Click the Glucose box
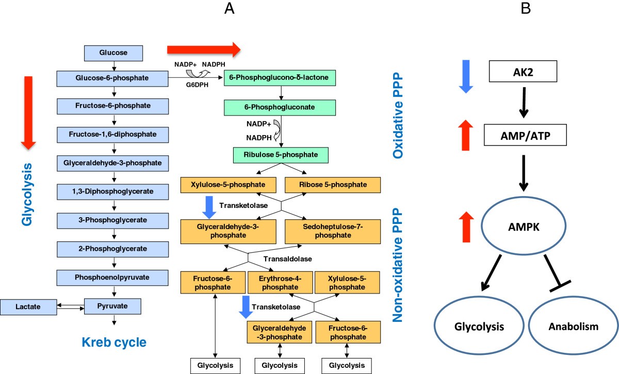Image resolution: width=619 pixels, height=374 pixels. coord(113,52)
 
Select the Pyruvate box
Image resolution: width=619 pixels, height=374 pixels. coord(112,305)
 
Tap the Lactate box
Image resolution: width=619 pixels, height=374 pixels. coord(28,307)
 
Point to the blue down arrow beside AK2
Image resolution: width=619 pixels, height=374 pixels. coord(465,76)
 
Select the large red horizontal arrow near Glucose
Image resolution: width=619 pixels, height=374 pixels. coord(204,50)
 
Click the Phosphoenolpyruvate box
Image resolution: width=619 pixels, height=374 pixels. coord(112,278)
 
